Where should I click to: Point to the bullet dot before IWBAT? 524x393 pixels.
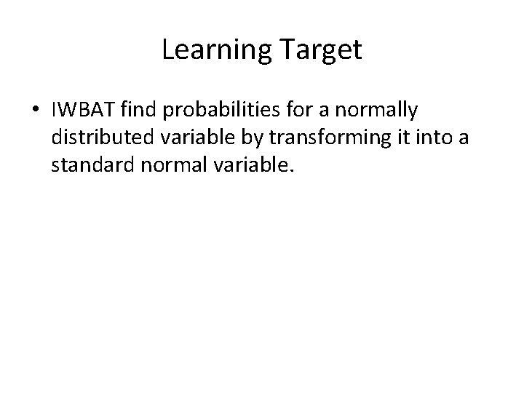pyautogui.click(x=35, y=111)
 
